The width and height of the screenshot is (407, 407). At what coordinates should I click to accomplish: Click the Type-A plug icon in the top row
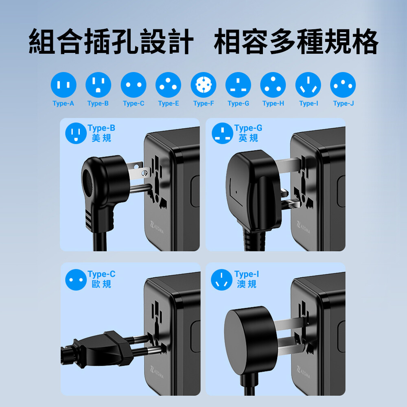click(63, 85)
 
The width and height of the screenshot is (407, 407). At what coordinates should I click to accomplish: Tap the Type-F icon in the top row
click(203, 85)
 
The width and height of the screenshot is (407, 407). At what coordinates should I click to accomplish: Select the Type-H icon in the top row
click(273, 85)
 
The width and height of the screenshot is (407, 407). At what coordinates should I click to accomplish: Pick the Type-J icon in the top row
click(343, 85)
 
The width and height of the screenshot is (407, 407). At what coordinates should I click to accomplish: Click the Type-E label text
click(169, 103)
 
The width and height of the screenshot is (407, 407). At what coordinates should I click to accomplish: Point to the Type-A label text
click(63, 103)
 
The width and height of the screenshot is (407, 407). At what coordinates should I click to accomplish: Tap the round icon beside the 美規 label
click(76, 133)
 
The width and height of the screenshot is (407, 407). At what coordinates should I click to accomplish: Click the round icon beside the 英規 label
click(223, 133)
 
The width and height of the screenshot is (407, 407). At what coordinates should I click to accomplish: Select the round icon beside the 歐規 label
click(76, 280)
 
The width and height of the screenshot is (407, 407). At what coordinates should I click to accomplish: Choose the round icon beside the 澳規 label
click(221, 280)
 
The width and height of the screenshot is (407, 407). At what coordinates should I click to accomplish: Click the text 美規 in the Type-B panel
click(101, 138)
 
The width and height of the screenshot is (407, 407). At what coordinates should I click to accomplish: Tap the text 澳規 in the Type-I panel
click(247, 284)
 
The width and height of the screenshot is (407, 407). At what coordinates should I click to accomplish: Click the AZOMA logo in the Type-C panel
click(157, 372)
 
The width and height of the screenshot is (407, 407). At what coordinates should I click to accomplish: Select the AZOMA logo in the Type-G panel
click(303, 228)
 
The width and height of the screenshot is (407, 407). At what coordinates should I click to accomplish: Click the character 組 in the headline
click(42, 41)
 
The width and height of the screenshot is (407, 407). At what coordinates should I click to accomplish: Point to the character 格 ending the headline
click(364, 41)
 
